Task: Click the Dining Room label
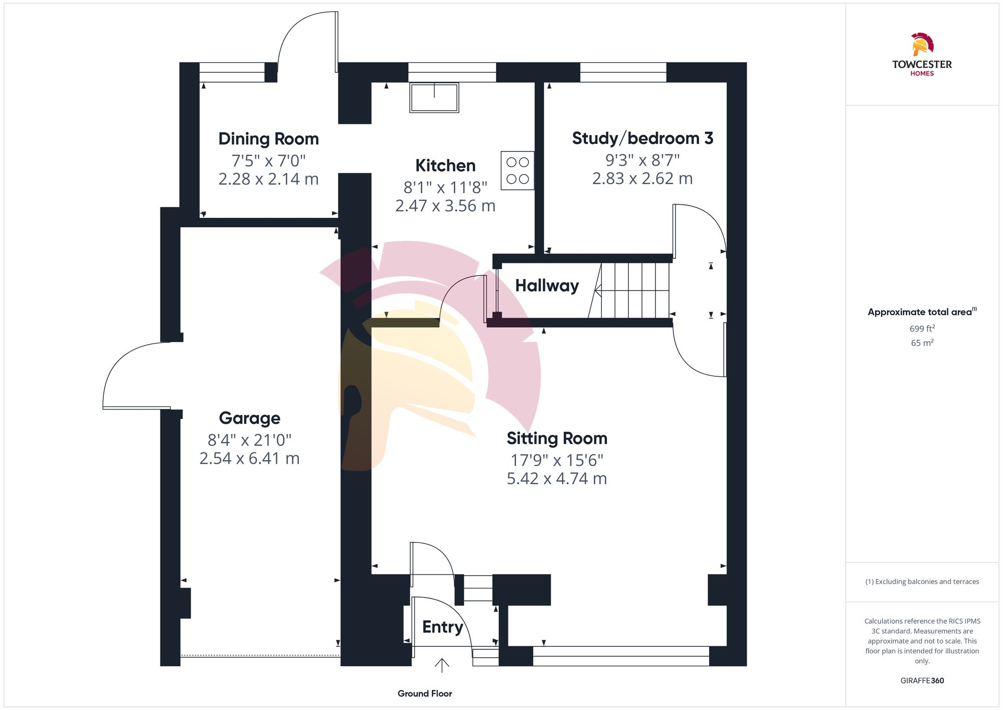coord(268,139)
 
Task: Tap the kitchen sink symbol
coord(434,98)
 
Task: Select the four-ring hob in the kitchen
coord(517,171)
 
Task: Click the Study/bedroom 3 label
coord(642,138)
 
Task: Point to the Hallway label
coord(547,286)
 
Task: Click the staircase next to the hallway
coord(634,291)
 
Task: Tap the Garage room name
coord(249,418)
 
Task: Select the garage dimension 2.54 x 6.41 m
coord(249,458)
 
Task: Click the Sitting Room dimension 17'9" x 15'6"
coord(557,460)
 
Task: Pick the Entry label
coord(442,627)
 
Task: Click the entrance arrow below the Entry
coord(442,665)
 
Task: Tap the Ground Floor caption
coord(425,693)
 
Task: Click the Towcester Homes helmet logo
coord(922,45)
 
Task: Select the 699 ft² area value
coord(922,329)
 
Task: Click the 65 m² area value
coord(922,343)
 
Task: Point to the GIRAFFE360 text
coord(922,681)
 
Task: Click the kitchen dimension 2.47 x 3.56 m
coord(445,206)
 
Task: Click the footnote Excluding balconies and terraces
coord(922,582)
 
